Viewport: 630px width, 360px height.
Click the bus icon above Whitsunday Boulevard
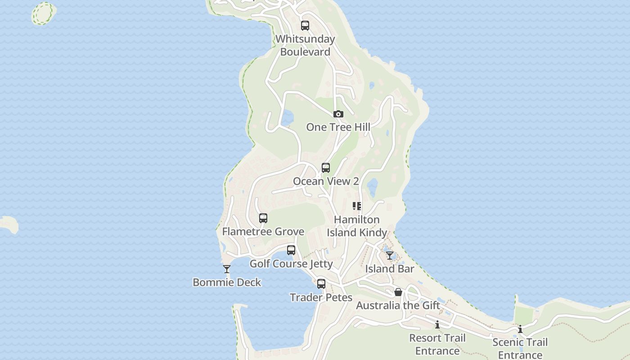(305, 26)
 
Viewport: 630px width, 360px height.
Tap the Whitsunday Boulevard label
(305, 45)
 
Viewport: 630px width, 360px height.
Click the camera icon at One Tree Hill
(338, 114)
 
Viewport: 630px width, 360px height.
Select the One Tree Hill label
(338, 127)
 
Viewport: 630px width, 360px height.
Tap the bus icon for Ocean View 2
(326, 168)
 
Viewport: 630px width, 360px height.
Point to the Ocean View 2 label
(326, 181)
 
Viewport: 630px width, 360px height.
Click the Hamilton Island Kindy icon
(357, 206)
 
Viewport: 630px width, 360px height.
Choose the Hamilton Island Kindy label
(357, 226)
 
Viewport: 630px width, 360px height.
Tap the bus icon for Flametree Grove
(263, 218)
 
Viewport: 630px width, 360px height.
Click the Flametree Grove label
(263, 232)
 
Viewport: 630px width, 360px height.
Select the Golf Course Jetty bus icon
(291, 250)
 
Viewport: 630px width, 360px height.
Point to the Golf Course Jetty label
(291, 264)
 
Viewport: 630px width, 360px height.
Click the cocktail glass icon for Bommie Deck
(227, 269)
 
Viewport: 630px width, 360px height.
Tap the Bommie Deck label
(227, 283)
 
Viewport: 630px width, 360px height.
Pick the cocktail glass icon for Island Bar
(390, 256)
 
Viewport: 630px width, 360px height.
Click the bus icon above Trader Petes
(321, 284)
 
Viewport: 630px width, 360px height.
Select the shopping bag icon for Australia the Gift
(398, 292)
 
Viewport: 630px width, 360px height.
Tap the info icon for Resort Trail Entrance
(437, 324)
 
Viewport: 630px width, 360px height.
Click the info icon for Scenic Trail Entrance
(520, 329)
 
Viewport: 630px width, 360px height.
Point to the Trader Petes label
(321, 297)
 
